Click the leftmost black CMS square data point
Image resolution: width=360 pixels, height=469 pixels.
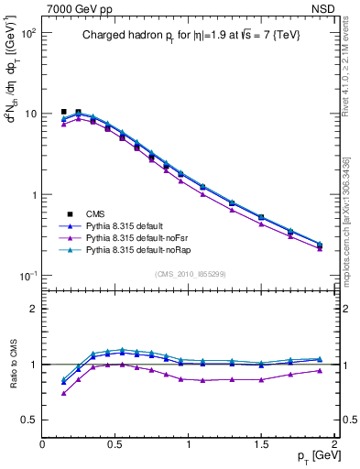coord(63,112)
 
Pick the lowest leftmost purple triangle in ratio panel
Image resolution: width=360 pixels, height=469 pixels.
coord(63,393)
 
